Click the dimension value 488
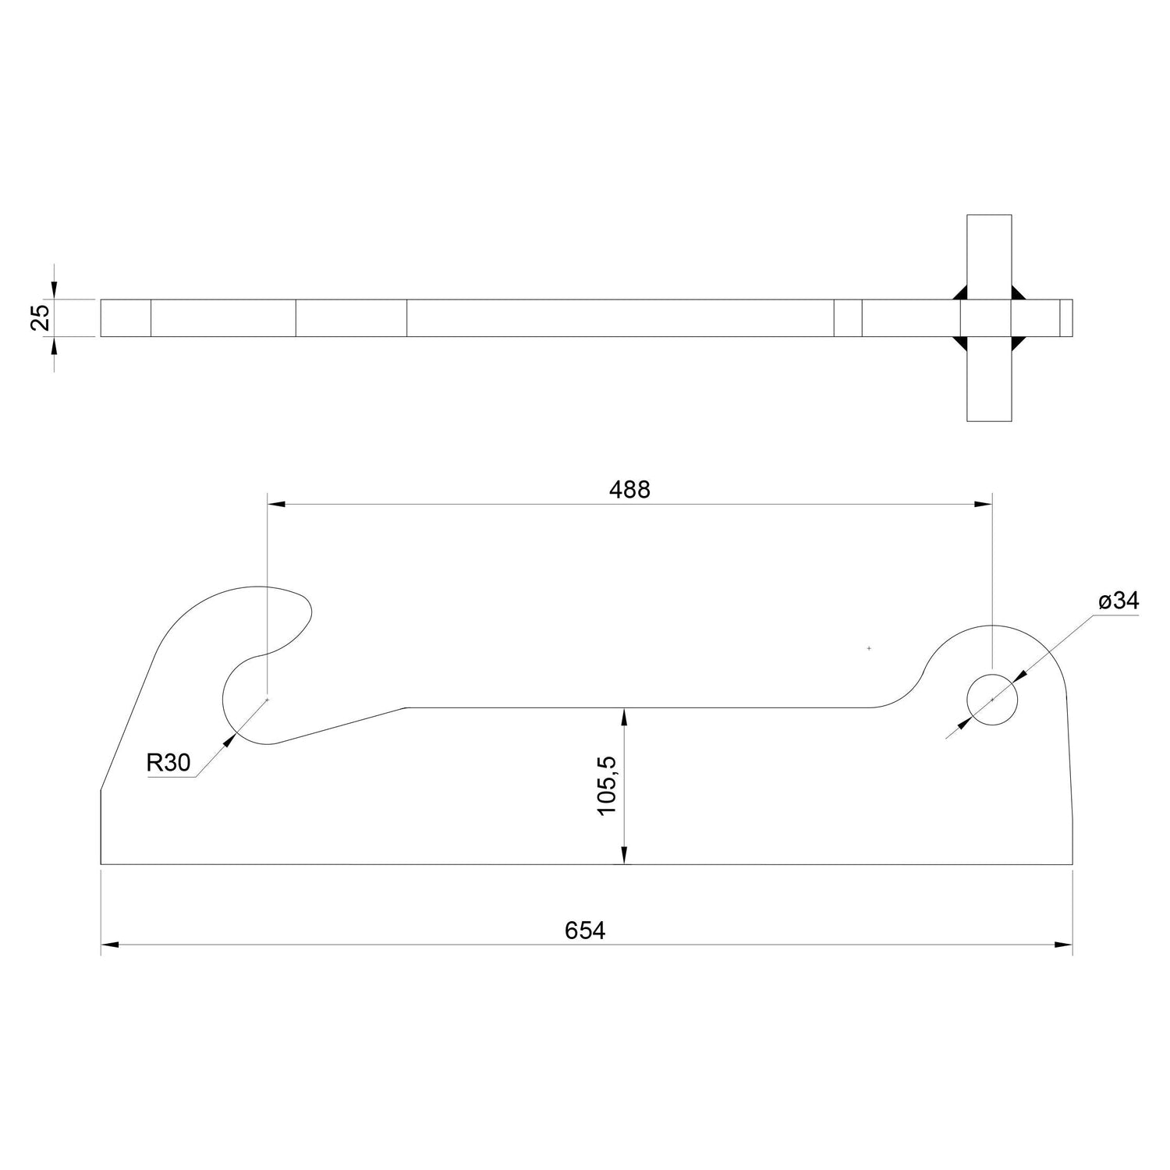629,490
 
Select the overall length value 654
585,931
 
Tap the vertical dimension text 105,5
608,786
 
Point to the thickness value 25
41,318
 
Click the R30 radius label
168,763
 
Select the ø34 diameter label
1118,601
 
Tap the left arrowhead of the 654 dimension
110,945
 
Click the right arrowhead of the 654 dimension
1064,945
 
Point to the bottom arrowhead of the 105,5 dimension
625,856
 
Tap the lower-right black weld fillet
1018,343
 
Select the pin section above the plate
989,256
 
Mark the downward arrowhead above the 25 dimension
53,291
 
